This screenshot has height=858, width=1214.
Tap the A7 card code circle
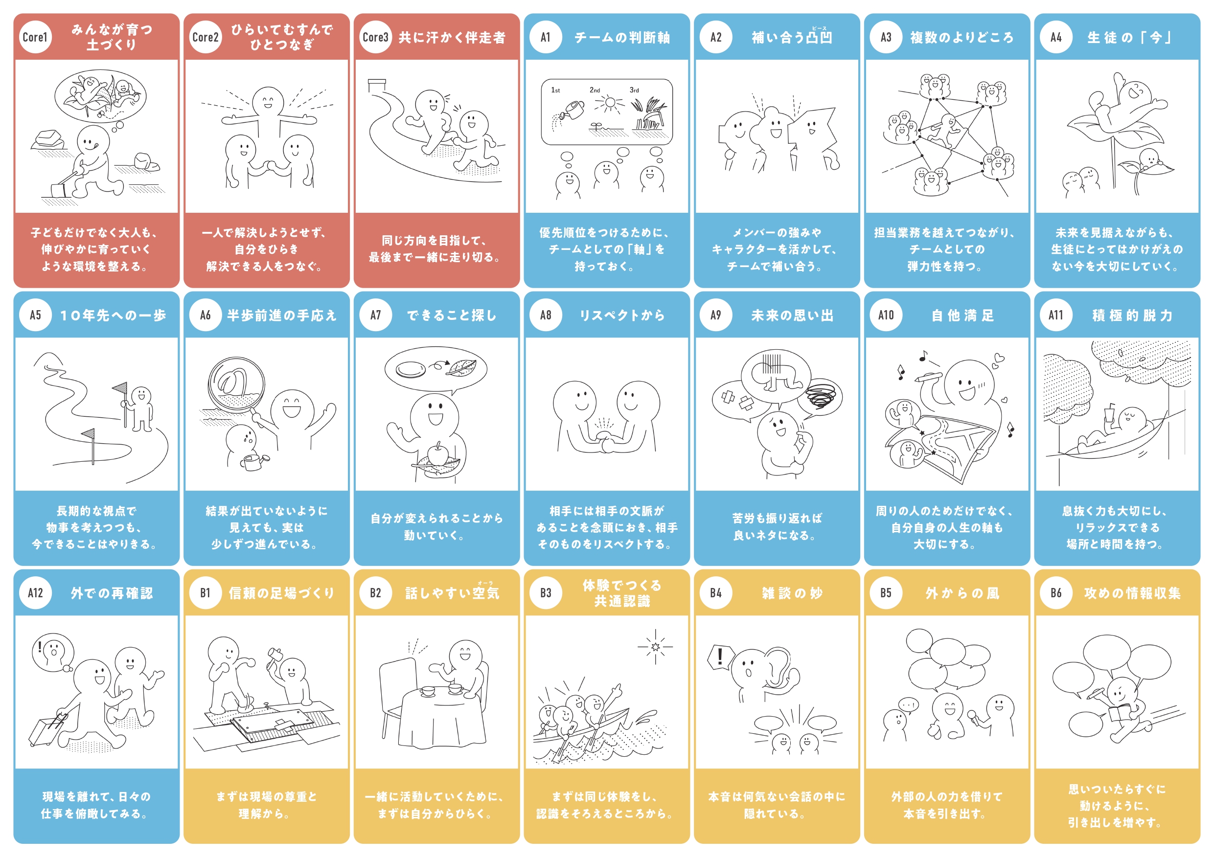[375, 315]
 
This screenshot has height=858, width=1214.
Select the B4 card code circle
[716, 593]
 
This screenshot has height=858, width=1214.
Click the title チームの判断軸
[622, 38]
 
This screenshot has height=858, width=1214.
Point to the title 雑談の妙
[792, 593]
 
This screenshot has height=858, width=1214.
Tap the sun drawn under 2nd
[610, 103]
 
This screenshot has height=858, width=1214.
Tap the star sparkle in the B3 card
[656, 646]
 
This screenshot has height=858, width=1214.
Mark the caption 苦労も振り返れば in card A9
[777, 518]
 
